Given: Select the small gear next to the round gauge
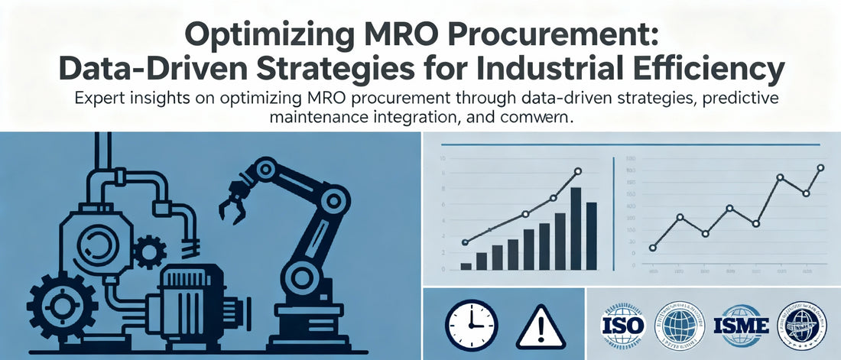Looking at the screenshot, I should (x=150, y=249).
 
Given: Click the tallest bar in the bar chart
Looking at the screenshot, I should (x=576, y=229).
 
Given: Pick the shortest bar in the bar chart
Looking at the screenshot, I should (x=466, y=266).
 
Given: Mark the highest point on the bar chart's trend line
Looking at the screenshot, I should (x=577, y=171).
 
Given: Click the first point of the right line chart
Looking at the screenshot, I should (x=652, y=248).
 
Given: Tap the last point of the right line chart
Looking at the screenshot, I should (x=820, y=168).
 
